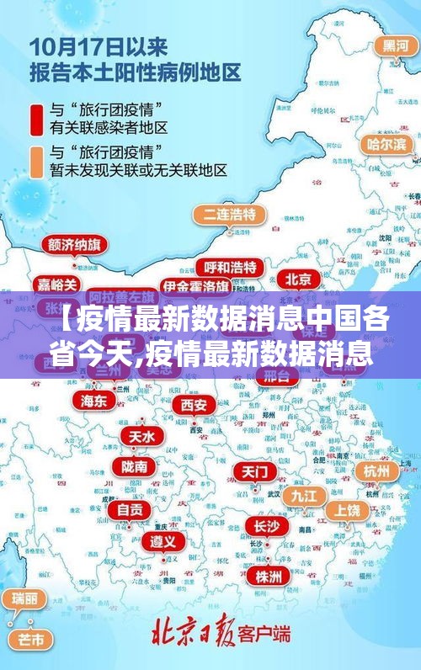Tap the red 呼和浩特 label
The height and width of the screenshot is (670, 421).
tap(230, 267)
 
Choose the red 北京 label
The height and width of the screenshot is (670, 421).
tap(297, 279)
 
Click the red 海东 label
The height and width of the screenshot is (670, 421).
tap(94, 401)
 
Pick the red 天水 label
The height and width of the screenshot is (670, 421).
tap(141, 436)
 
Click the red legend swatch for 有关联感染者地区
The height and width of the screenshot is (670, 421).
tap(37, 119)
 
